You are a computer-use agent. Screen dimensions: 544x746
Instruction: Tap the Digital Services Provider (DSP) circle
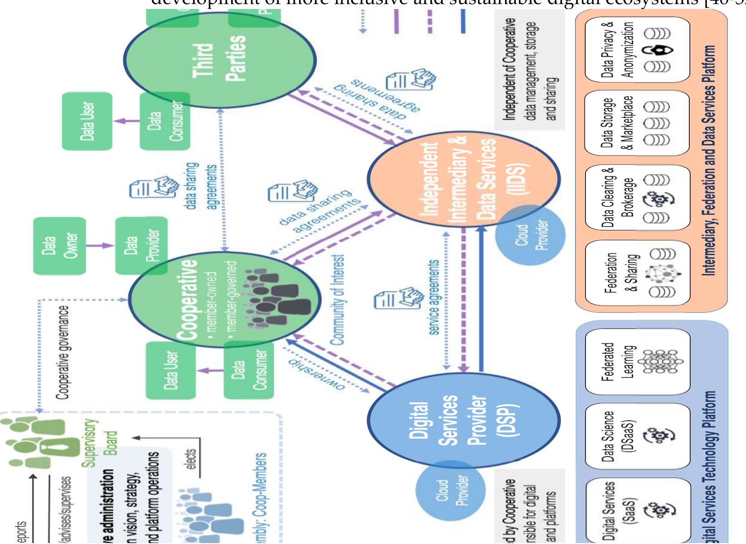tap(463, 420)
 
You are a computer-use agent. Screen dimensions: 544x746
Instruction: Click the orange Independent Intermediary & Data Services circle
tap(463, 179)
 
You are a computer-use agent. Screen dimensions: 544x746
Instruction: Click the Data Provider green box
tap(141, 246)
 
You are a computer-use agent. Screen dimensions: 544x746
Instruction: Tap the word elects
tap(191, 459)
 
